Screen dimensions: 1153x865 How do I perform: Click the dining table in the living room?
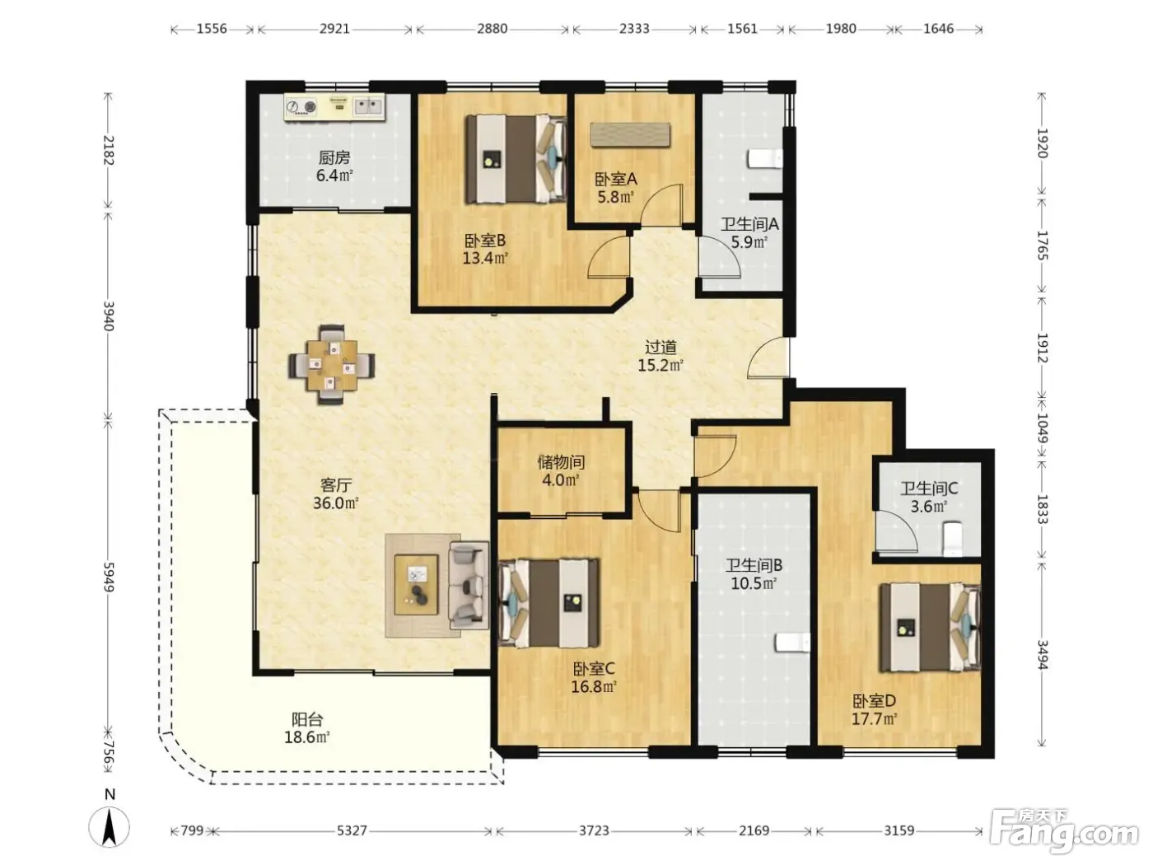click(332, 365)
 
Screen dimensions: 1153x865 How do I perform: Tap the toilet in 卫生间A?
click(765, 159)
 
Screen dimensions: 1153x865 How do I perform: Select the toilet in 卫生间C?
click(951, 538)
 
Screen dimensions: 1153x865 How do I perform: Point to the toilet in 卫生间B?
click(792, 643)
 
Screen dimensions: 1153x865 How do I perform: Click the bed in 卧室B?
click(516, 159)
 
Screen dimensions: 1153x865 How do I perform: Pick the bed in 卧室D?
click(930, 627)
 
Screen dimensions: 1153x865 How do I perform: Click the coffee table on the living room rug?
click(417, 585)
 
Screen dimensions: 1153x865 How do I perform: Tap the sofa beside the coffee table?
click(468, 585)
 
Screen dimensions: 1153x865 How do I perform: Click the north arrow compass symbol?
click(110, 826)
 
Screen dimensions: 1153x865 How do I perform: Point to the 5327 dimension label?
click(352, 830)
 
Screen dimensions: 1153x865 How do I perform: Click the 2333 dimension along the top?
click(634, 28)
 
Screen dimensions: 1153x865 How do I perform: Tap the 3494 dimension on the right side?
click(1042, 655)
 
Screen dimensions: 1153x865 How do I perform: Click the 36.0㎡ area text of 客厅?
click(336, 503)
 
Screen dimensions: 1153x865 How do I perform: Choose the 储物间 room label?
click(561, 462)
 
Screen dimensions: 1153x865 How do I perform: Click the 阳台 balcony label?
click(307, 719)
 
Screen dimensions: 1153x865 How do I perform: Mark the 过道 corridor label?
click(661, 347)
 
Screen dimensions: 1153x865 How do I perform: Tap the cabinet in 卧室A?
click(630, 135)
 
